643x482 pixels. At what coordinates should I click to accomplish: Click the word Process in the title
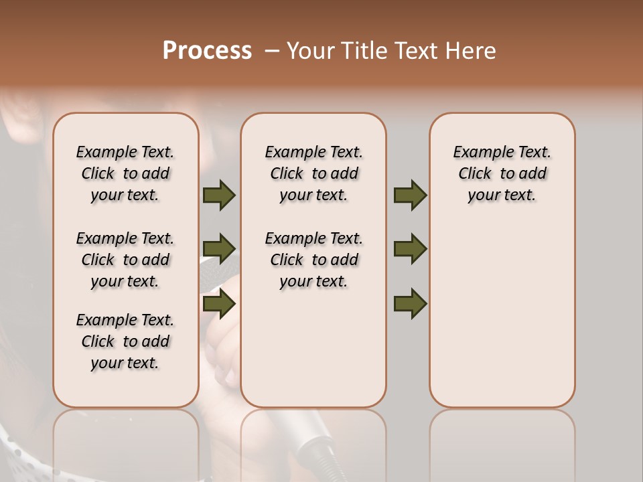click(x=207, y=51)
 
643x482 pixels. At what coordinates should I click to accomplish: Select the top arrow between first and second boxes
click(x=219, y=195)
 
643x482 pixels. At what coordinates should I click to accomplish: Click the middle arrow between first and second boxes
click(x=219, y=249)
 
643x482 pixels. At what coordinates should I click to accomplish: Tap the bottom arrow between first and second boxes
click(x=219, y=304)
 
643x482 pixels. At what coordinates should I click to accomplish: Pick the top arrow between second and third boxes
click(x=410, y=195)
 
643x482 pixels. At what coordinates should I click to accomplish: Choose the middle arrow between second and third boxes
click(x=410, y=249)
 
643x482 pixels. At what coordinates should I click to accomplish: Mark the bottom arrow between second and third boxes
click(x=410, y=304)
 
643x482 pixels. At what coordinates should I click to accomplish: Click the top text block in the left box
click(x=125, y=173)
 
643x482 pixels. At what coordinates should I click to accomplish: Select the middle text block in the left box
click(x=125, y=260)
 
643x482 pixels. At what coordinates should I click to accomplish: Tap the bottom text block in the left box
click(x=125, y=341)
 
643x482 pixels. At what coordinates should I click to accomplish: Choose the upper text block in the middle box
click(x=313, y=173)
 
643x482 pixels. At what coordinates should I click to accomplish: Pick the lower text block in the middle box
click(x=313, y=260)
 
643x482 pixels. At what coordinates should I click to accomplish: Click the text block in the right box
click(x=502, y=173)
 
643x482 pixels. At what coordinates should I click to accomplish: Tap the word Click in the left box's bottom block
click(x=98, y=341)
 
